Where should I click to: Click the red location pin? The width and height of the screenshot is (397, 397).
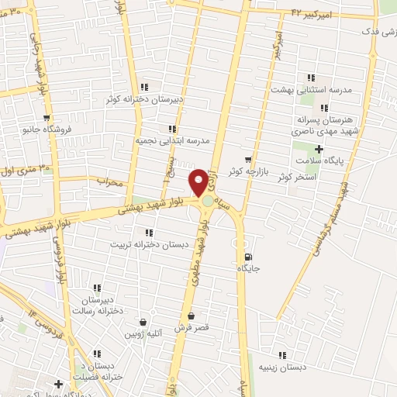pos(199,182)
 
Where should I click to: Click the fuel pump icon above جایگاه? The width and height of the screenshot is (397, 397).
pos(247,257)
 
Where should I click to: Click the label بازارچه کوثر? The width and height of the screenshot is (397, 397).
pos(248,170)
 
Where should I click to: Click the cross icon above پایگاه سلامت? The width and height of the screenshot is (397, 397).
pos(318,147)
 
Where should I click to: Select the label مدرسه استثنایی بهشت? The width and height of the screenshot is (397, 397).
pos(311,89)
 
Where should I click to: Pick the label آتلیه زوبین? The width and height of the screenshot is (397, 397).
pos(143,333)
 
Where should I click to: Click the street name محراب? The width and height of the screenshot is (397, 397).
pos(109,181)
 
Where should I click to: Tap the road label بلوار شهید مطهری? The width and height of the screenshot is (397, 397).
pos(202,248)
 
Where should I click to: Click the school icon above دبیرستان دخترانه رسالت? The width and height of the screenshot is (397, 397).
pos(97,288)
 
